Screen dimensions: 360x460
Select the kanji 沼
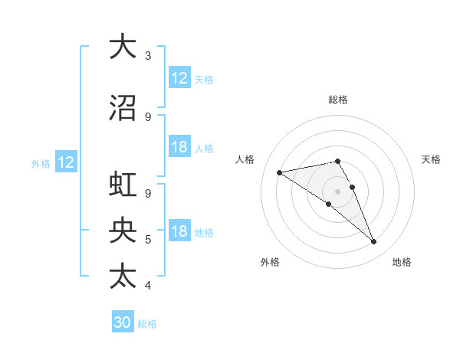[x=123, y=108]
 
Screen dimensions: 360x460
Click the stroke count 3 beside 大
[x=148, y=56]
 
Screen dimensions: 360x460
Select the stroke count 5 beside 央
[x=148, y=240]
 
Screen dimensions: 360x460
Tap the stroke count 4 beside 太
[x=148, y=286]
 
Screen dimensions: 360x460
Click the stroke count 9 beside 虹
[x=148, y=194]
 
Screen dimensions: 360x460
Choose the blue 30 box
[x=123, y=322]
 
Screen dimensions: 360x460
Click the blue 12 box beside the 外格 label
[x=65, y=162]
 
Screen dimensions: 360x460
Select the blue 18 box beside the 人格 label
[x=179, y=147]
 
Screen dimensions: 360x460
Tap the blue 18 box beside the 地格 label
[x=179, y=231]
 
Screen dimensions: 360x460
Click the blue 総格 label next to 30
[x=147, y=324]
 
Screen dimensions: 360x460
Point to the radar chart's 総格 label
[x=337, y=100]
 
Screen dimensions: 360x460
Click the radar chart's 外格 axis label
[x=270, y=262]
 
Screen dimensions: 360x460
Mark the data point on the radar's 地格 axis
[x=374, y=242]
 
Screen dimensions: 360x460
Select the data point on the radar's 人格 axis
[x=280, y=172]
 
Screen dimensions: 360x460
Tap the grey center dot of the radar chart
[x=337, y=190]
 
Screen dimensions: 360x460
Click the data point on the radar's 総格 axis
[x=337, y=161]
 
